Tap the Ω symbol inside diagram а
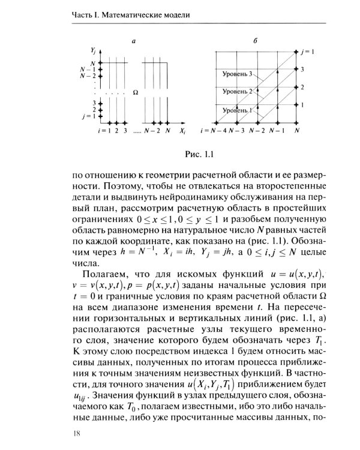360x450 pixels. point(135,92)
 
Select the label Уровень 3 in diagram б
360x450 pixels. point(236,74)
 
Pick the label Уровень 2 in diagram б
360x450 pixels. point(236,92)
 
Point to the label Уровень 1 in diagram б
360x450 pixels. point(236,110)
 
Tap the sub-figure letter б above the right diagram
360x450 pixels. point(256,41)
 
